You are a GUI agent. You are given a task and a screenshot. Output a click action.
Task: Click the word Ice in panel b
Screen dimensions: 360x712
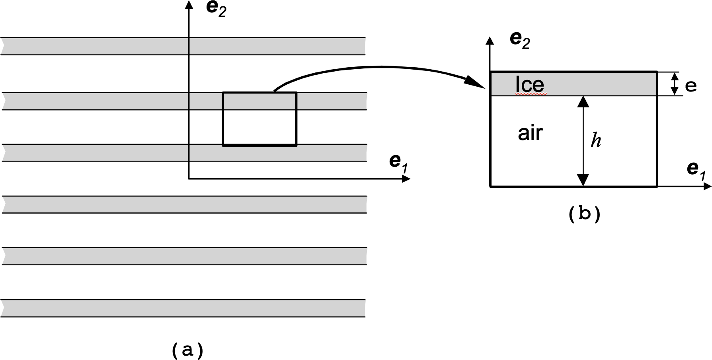[530, 84]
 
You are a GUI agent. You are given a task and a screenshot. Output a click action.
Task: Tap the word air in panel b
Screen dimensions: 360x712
[530, 133]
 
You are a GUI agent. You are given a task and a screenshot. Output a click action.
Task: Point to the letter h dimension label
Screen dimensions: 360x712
[595, 140]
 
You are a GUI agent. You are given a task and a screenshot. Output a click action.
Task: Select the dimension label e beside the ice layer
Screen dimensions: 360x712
[691, 86]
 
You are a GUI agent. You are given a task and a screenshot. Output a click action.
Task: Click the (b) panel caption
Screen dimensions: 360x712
[584, 214]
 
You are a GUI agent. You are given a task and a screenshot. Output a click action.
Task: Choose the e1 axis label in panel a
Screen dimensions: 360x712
[398, 162]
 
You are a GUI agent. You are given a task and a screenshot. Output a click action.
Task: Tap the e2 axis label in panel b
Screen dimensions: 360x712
[520, 40]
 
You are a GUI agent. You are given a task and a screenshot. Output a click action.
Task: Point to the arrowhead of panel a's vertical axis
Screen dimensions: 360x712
[189, 4]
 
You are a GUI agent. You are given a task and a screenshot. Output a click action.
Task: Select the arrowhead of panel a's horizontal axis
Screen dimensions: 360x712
[406, 179]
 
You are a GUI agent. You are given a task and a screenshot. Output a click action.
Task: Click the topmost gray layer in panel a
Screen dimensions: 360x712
[183, 46]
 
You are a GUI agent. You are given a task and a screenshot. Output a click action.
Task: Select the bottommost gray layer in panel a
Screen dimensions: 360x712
[183, 308]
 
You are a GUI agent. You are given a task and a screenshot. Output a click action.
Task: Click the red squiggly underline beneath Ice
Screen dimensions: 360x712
[531, 95]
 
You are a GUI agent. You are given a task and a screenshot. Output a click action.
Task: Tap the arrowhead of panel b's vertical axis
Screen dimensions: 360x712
[490, 40]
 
